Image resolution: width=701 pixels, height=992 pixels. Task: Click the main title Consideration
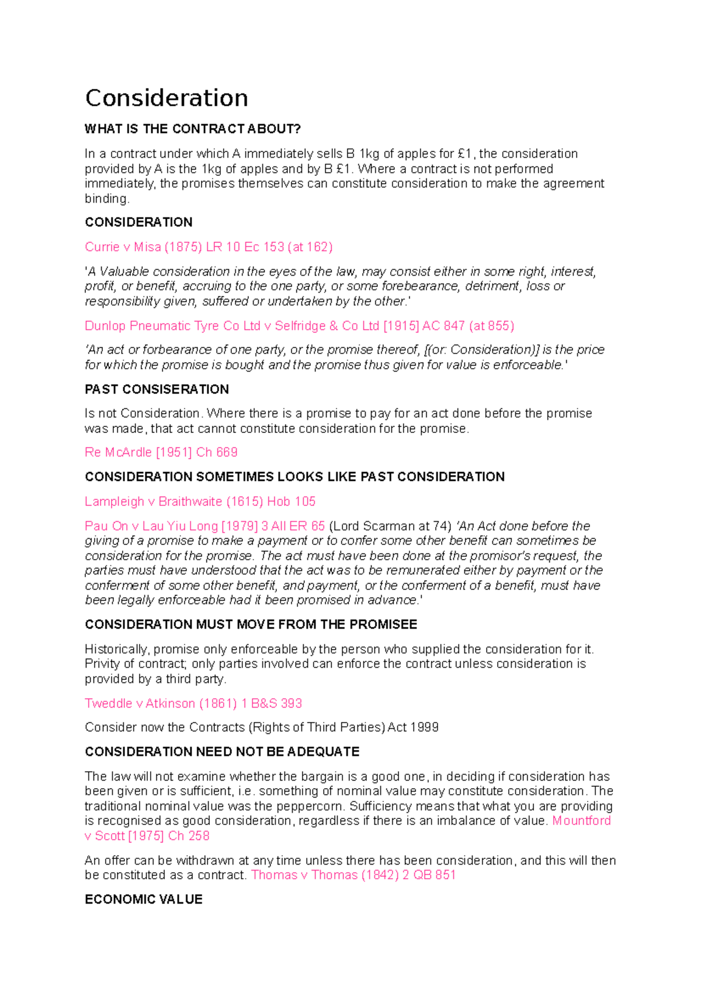(x=166, y=98)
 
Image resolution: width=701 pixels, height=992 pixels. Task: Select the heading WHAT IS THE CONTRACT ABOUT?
(x=193, y=129)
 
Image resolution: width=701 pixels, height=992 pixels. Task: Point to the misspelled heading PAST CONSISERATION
(x=157, y=390)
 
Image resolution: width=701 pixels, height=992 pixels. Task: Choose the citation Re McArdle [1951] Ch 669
(x=161, y=452)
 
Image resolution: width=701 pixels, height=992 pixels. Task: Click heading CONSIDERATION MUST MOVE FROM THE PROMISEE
(x=251, y=625)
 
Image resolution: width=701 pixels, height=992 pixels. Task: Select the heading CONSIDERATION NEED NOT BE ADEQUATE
(x=222, y=752)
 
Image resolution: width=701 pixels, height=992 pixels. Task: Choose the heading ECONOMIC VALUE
(x=144, y=900)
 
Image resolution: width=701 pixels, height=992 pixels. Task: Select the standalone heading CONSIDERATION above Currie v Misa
(x=138, y=223)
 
